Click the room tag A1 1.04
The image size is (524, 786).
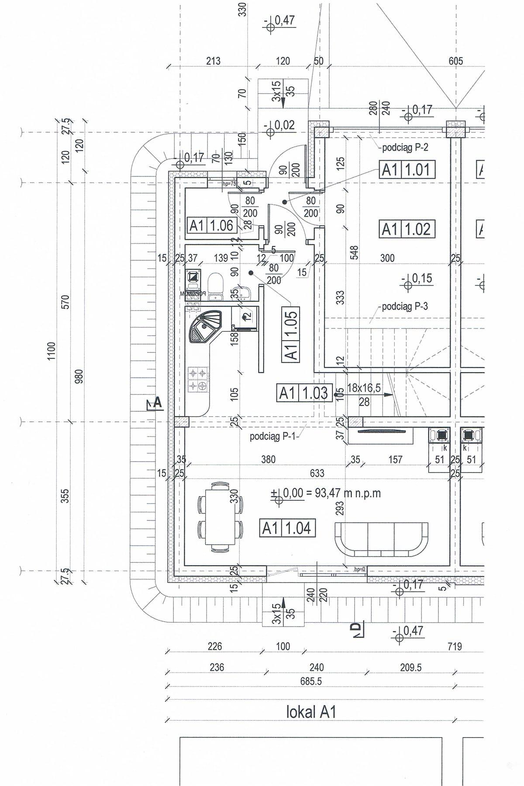coord(287,528)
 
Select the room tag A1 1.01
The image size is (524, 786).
coord(408,169)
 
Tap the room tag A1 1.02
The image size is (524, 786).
coord(408,229)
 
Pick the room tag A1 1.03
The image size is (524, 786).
coord(305,393)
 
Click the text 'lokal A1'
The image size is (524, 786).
coord(311,712)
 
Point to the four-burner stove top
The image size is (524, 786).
coord(197,379)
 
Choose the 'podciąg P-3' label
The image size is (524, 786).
coord(405,306)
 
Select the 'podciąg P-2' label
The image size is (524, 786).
coord(405,147)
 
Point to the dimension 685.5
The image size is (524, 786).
coord(311,680)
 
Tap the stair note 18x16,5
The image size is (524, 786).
coord(364,388)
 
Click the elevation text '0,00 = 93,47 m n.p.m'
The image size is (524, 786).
coord(332,493)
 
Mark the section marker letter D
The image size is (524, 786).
coord(357,628)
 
